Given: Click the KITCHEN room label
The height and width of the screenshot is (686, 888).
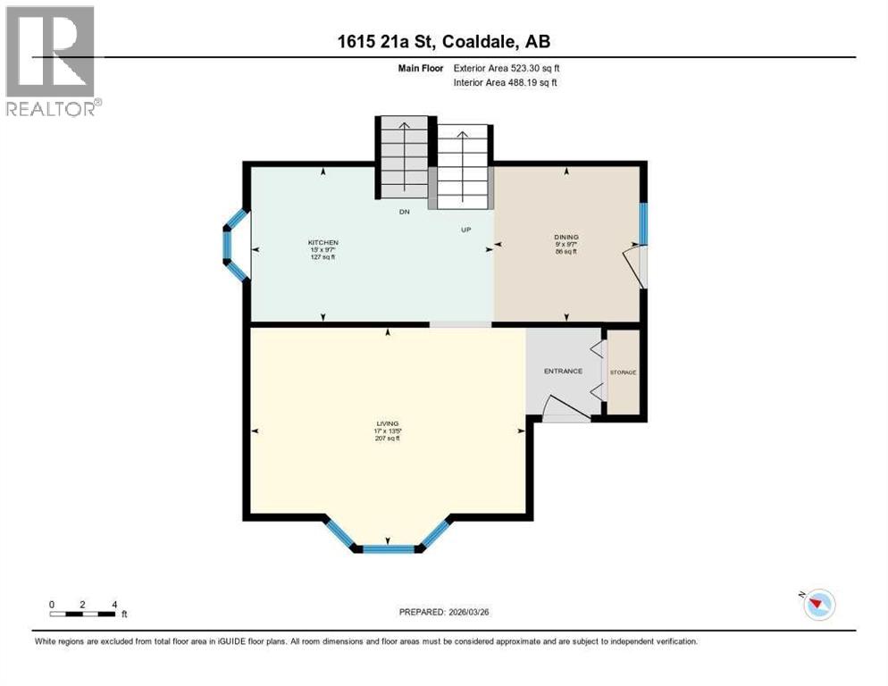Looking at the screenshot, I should (323, 243).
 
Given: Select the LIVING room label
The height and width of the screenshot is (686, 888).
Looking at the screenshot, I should (386, 423).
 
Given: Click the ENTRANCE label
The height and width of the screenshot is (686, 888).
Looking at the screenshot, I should (564, 371).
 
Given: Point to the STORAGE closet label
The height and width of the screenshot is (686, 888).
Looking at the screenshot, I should (623, 372).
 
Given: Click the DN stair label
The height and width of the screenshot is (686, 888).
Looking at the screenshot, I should (404, 213).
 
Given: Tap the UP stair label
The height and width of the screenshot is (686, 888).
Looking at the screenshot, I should (465, 230).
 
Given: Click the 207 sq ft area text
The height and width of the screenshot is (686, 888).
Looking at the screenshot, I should (386, 439).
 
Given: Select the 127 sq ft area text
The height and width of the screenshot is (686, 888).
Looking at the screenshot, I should (323, 257).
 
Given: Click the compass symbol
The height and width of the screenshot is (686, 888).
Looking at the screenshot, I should (818, 605).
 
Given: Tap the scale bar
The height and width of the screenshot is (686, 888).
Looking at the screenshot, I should (82, 614).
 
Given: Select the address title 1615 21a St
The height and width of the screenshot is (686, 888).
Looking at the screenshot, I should (444, 41).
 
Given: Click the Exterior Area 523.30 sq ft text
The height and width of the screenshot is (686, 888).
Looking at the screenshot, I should (507, 68).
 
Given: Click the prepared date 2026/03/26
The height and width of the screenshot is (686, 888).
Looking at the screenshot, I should (444, 612).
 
